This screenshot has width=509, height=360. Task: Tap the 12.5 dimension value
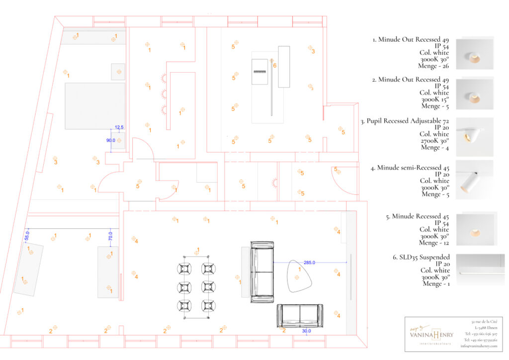point(119,127)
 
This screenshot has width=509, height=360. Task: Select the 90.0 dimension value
point(111,141)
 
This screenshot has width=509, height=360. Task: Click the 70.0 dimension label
point(110,236)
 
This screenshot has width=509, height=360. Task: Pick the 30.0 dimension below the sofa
point(306,331)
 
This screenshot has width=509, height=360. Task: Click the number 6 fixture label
point(275,66)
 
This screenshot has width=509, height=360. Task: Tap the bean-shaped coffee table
point(299,275)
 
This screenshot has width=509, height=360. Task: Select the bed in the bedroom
point(94,106)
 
